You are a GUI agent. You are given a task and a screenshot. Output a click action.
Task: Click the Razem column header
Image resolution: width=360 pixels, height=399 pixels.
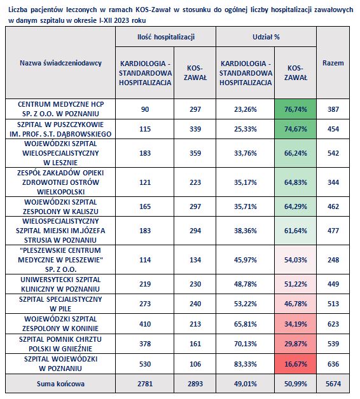333,63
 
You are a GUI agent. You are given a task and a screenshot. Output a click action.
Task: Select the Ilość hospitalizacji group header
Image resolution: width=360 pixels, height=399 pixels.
166,37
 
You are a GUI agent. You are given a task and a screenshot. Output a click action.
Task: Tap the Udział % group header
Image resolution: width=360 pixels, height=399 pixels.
266,37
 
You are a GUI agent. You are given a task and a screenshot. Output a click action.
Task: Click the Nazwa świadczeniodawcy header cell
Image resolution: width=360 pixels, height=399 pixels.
60,63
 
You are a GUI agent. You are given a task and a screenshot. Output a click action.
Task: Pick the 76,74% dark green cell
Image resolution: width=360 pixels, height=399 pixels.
296,109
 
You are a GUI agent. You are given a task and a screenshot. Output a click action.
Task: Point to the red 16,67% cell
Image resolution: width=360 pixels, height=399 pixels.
296,364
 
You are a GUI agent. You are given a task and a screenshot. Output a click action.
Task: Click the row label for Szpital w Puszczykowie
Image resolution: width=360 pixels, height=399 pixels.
60,129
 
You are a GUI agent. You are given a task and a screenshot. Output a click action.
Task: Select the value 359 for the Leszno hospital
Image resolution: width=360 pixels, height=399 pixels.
195,153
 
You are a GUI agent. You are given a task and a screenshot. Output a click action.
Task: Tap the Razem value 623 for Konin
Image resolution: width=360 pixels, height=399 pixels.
333,324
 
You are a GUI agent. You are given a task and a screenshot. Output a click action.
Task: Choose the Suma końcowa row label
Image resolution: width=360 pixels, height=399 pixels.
60,384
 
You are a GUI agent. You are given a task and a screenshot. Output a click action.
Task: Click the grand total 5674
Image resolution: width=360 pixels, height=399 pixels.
333,384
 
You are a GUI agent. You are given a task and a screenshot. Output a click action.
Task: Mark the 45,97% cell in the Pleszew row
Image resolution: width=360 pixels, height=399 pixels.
246,260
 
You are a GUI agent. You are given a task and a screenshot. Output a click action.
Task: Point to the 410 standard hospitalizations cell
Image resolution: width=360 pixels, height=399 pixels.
145,324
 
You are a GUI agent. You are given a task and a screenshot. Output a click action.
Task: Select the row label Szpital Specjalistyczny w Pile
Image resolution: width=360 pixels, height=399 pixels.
60,304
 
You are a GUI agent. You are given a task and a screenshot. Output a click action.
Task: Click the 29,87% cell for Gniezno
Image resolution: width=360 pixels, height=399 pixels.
296,344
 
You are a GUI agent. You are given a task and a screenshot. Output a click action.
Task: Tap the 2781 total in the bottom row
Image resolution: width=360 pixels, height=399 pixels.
145,384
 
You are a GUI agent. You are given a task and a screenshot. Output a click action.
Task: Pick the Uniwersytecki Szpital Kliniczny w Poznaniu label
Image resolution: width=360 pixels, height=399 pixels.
60,284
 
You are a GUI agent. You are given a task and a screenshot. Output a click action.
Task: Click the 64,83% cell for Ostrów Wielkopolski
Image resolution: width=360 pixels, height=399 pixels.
296,182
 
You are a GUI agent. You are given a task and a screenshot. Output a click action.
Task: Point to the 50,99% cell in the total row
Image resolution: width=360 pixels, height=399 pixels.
296,384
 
